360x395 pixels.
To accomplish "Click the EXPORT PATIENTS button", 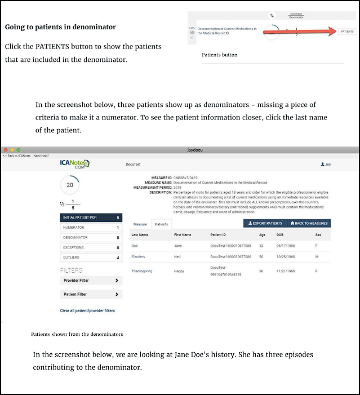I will (265, 223).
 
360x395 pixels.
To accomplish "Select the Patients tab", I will (162, 224).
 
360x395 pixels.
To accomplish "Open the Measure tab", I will (140, 224).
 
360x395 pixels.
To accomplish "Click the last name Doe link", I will (135, 246).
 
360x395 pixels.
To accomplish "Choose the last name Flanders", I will (138, 256).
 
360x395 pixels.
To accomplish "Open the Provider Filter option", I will (91, 280).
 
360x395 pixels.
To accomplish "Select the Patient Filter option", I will (91, 294).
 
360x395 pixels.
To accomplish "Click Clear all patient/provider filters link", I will (87, 310).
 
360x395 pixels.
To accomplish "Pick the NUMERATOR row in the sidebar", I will (91, 228).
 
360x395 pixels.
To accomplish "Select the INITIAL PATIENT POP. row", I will (91, 218).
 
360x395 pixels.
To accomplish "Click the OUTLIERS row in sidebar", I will (91, 258).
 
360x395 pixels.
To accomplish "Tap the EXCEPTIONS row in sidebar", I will (91, 247).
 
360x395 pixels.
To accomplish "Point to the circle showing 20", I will (70, 185).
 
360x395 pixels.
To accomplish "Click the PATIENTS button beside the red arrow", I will (347, 32).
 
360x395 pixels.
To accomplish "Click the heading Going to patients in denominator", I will (60, 27).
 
